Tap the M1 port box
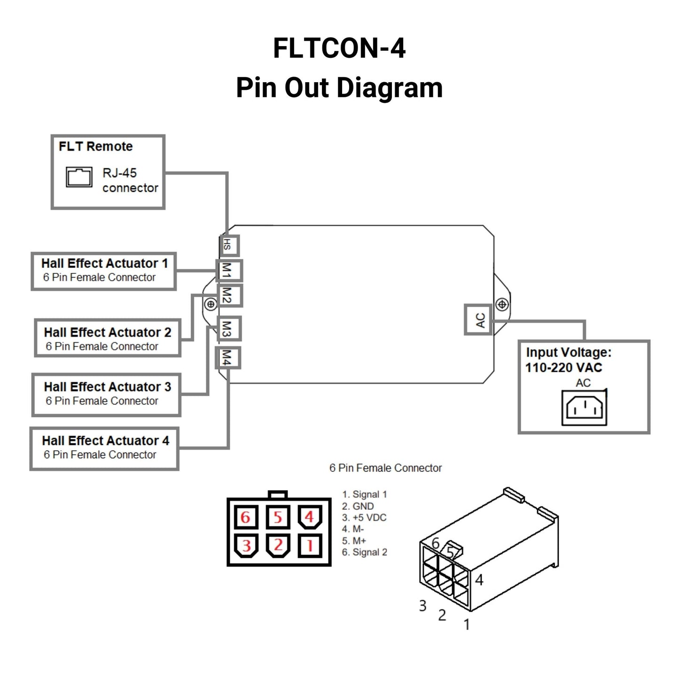(229, 271)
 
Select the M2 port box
(229, 296)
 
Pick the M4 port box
(228, 358)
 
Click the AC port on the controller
(478, 320)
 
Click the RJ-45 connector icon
(79, 177)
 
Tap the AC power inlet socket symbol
(584, 408)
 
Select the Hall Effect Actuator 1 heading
(104, 263)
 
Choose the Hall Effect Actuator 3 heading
(107, 387)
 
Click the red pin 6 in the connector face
(246, 517)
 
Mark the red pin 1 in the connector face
(310, 546)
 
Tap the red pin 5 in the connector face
(278, 517)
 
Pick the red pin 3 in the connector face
(246, 546)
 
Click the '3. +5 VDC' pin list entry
(364, 518)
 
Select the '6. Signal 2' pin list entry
(364, 553)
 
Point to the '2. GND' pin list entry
(358, 507)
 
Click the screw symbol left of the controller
(211, 304)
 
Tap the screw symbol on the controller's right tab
(502, 304)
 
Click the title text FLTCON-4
(339, 48)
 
